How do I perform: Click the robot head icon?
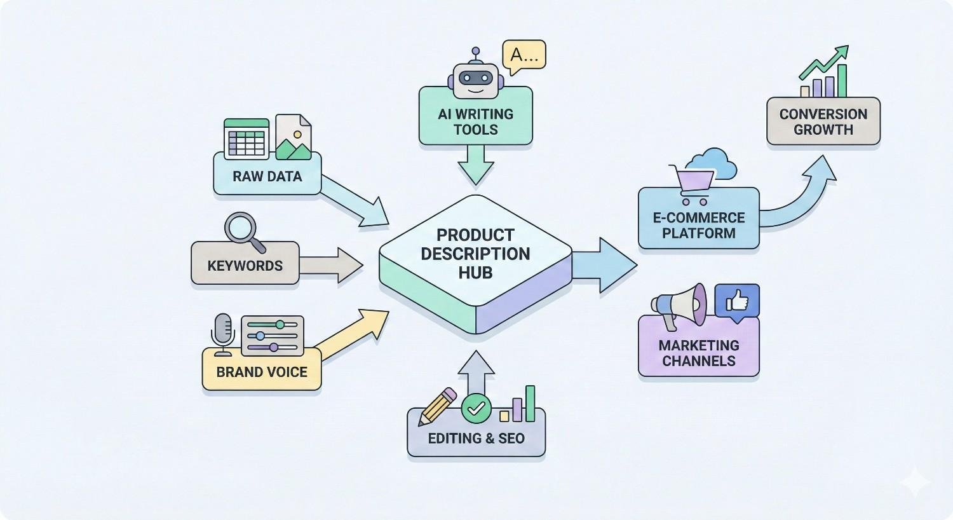tap(475, 77)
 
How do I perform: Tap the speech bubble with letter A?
tap(524, 56)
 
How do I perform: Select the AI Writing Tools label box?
tap(475, 121)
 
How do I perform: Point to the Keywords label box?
tap(245, 265)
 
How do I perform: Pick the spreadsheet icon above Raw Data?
tap(247, 138)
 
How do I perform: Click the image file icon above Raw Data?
tap(294, 137)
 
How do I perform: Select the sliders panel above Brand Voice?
tap(273, 336)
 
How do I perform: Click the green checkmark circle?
tap(476, 408)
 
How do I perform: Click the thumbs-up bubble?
tap(737, 301)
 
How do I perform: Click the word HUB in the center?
tap(475, 273)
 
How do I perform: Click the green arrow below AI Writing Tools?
tap(475, 164)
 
